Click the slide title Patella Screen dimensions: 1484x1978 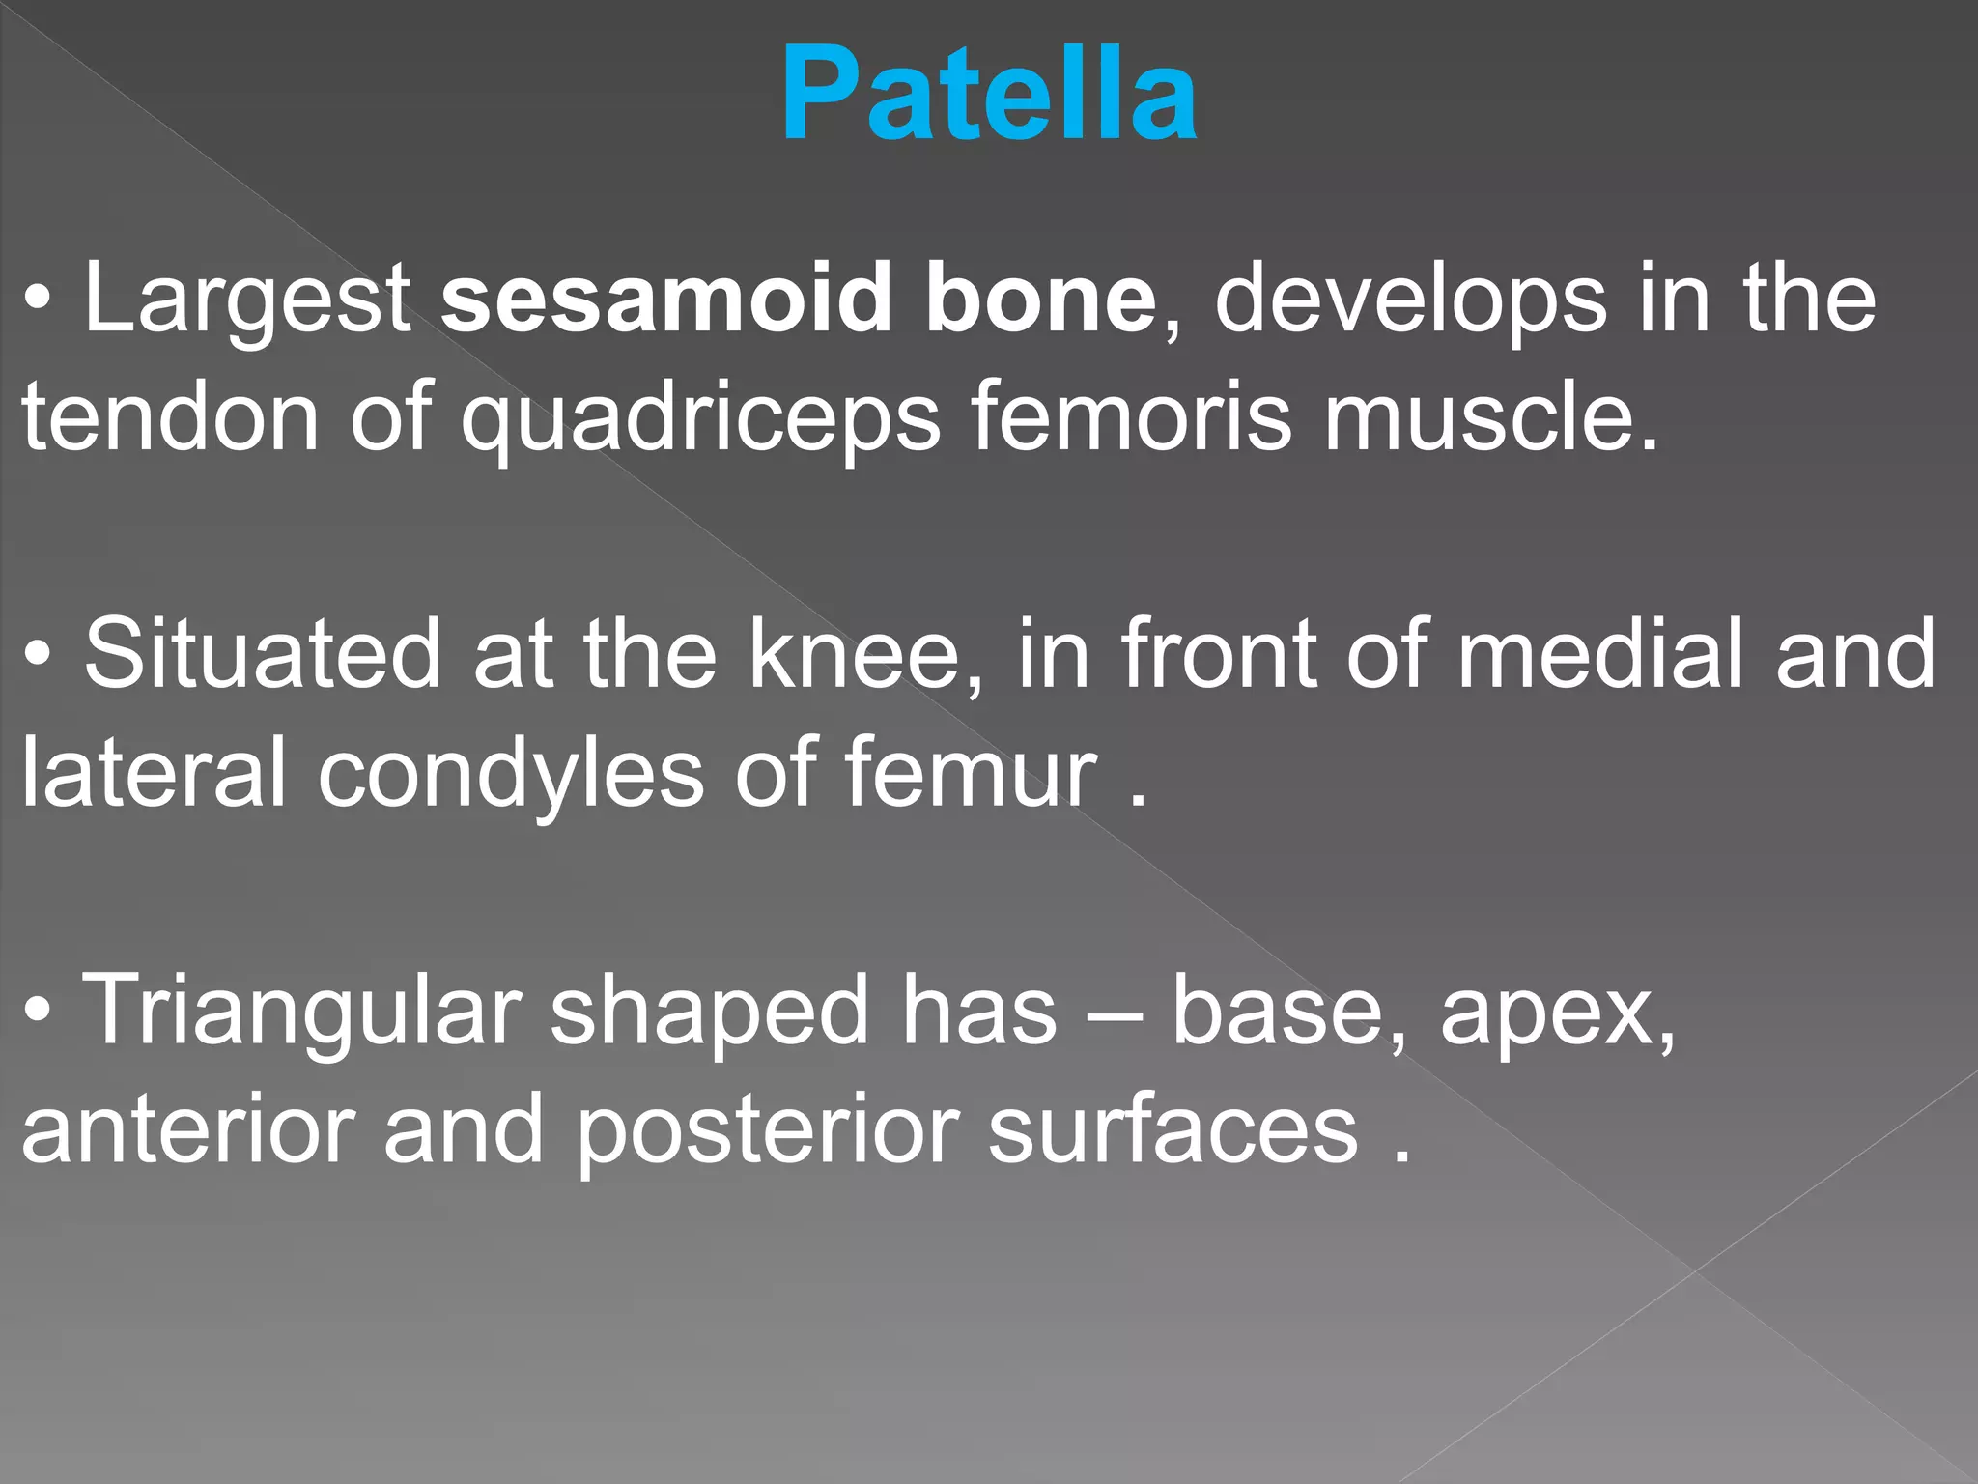[x=989, y=95]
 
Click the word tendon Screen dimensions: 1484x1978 [x=170, y=417]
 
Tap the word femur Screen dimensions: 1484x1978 [x=972, y=773]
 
